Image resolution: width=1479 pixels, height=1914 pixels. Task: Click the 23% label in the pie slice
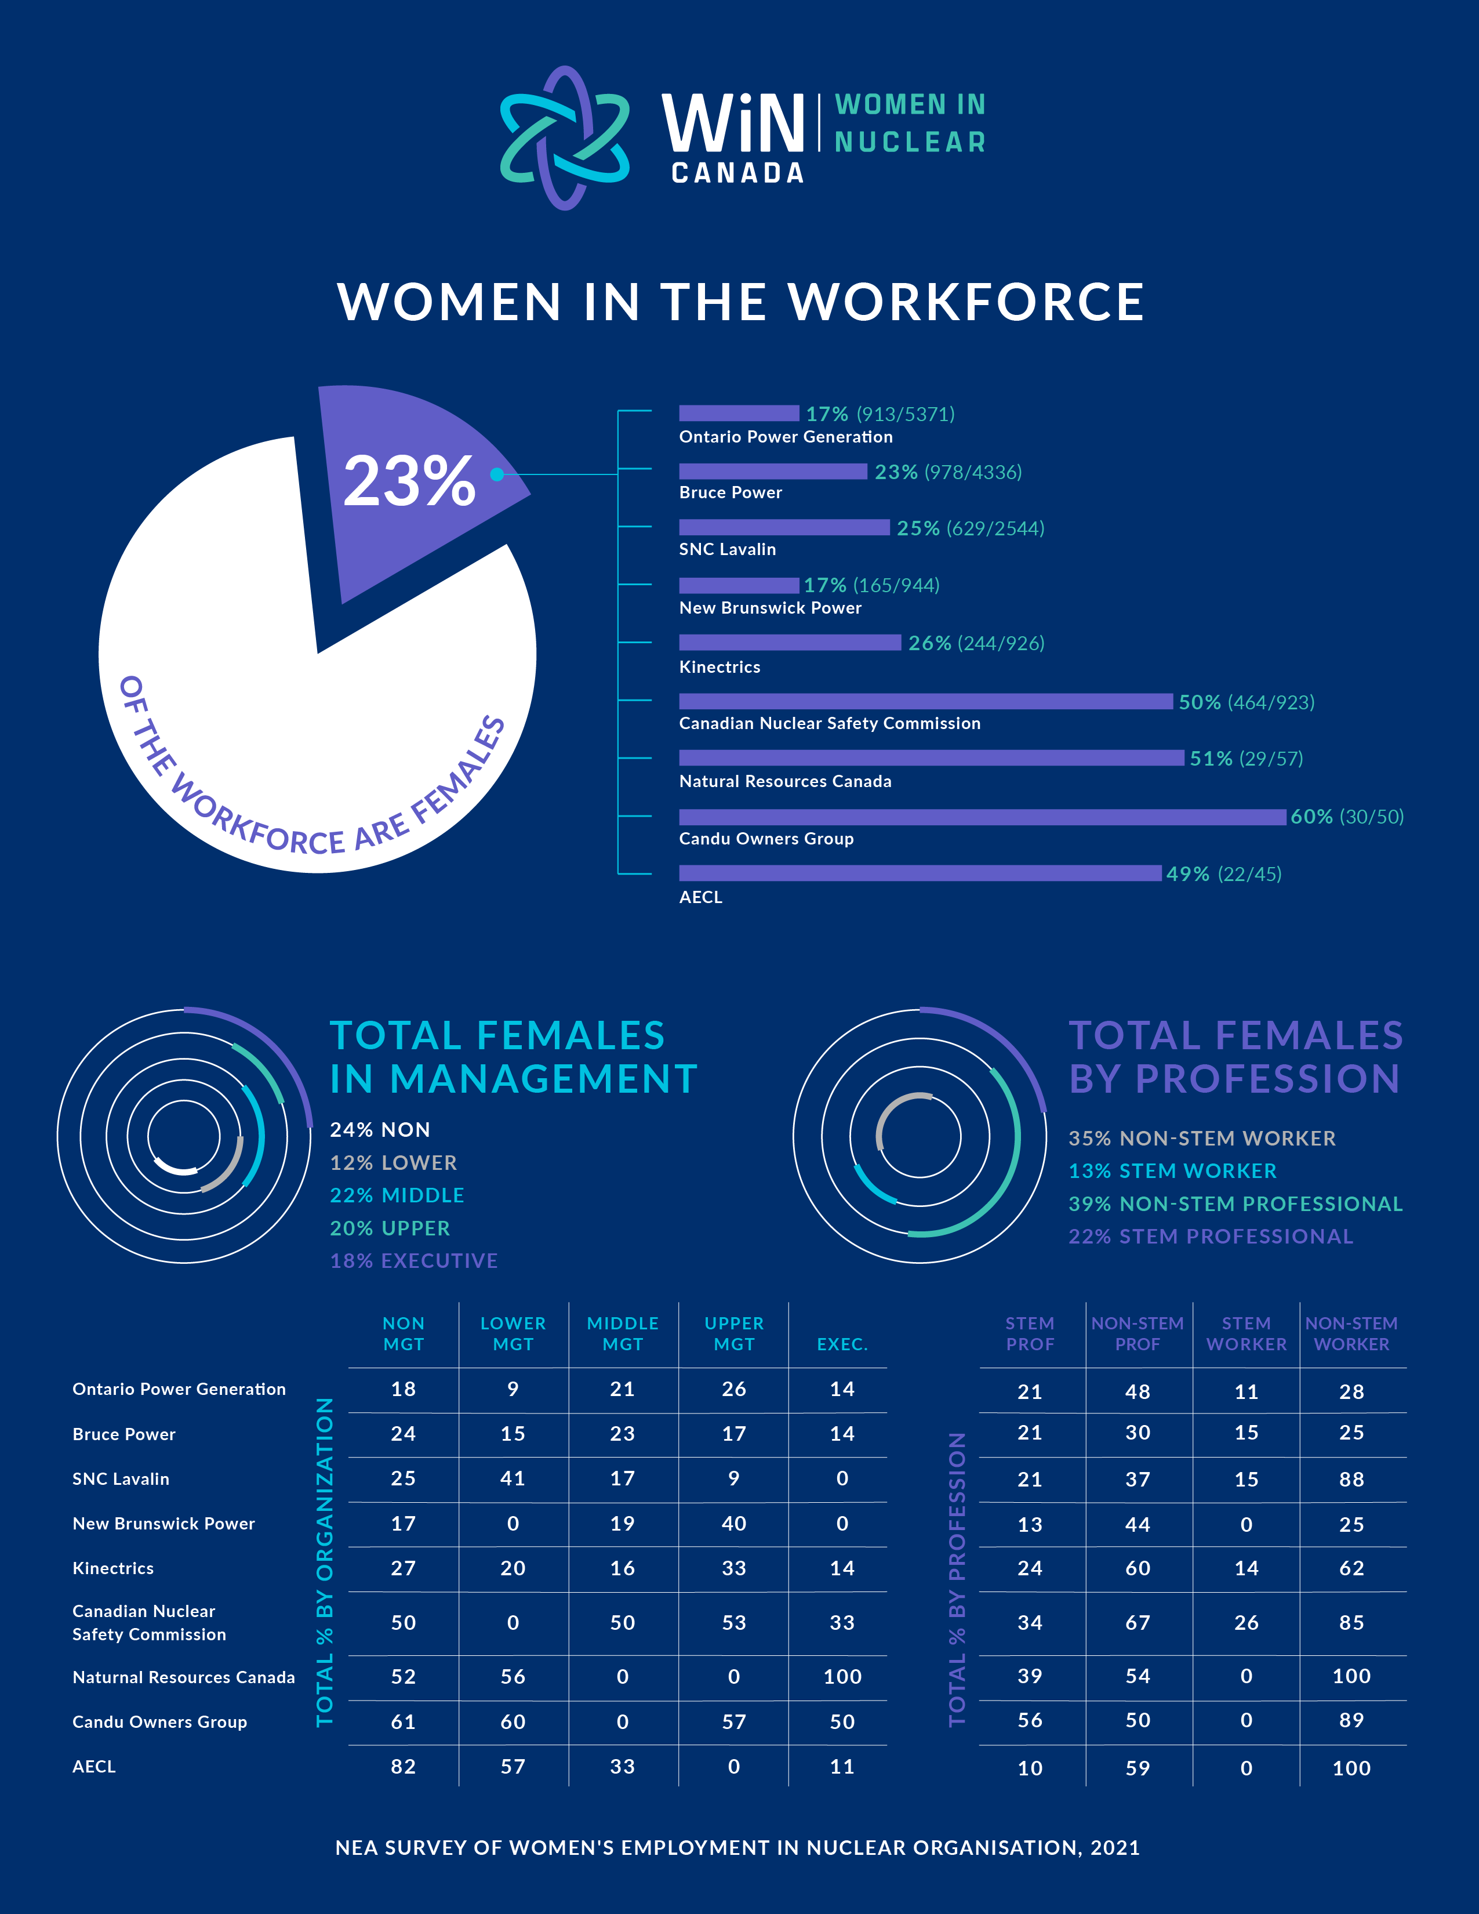[409, 481]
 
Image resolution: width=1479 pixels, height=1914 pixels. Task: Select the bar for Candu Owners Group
[982, 817]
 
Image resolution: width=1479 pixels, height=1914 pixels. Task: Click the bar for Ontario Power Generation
[739, 413]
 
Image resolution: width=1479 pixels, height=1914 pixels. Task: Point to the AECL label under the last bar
[701, 897]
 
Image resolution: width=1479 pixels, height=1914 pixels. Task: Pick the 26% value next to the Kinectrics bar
[929, 643]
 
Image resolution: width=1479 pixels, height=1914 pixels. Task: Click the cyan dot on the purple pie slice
[497, 474]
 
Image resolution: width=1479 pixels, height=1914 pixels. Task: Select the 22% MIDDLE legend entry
[397, 1195]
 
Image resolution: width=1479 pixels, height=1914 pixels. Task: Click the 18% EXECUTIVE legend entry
[413, 1260]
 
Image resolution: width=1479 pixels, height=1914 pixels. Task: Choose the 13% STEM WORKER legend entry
[1172, 1171]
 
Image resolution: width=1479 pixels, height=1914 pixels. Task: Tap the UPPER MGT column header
[734, 1333]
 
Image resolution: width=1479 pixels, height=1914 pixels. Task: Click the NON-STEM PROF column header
[1138, 1333]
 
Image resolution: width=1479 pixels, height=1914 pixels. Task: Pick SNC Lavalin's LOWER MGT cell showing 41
[513, 1478]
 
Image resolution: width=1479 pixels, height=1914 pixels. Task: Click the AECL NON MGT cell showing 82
[403, 1766]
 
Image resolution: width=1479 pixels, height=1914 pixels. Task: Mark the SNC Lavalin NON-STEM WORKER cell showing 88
[1351, 1480]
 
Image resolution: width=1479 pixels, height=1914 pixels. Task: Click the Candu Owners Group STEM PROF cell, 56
[1030, 1720]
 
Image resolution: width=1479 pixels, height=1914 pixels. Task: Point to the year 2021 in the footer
[1115, 1847]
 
